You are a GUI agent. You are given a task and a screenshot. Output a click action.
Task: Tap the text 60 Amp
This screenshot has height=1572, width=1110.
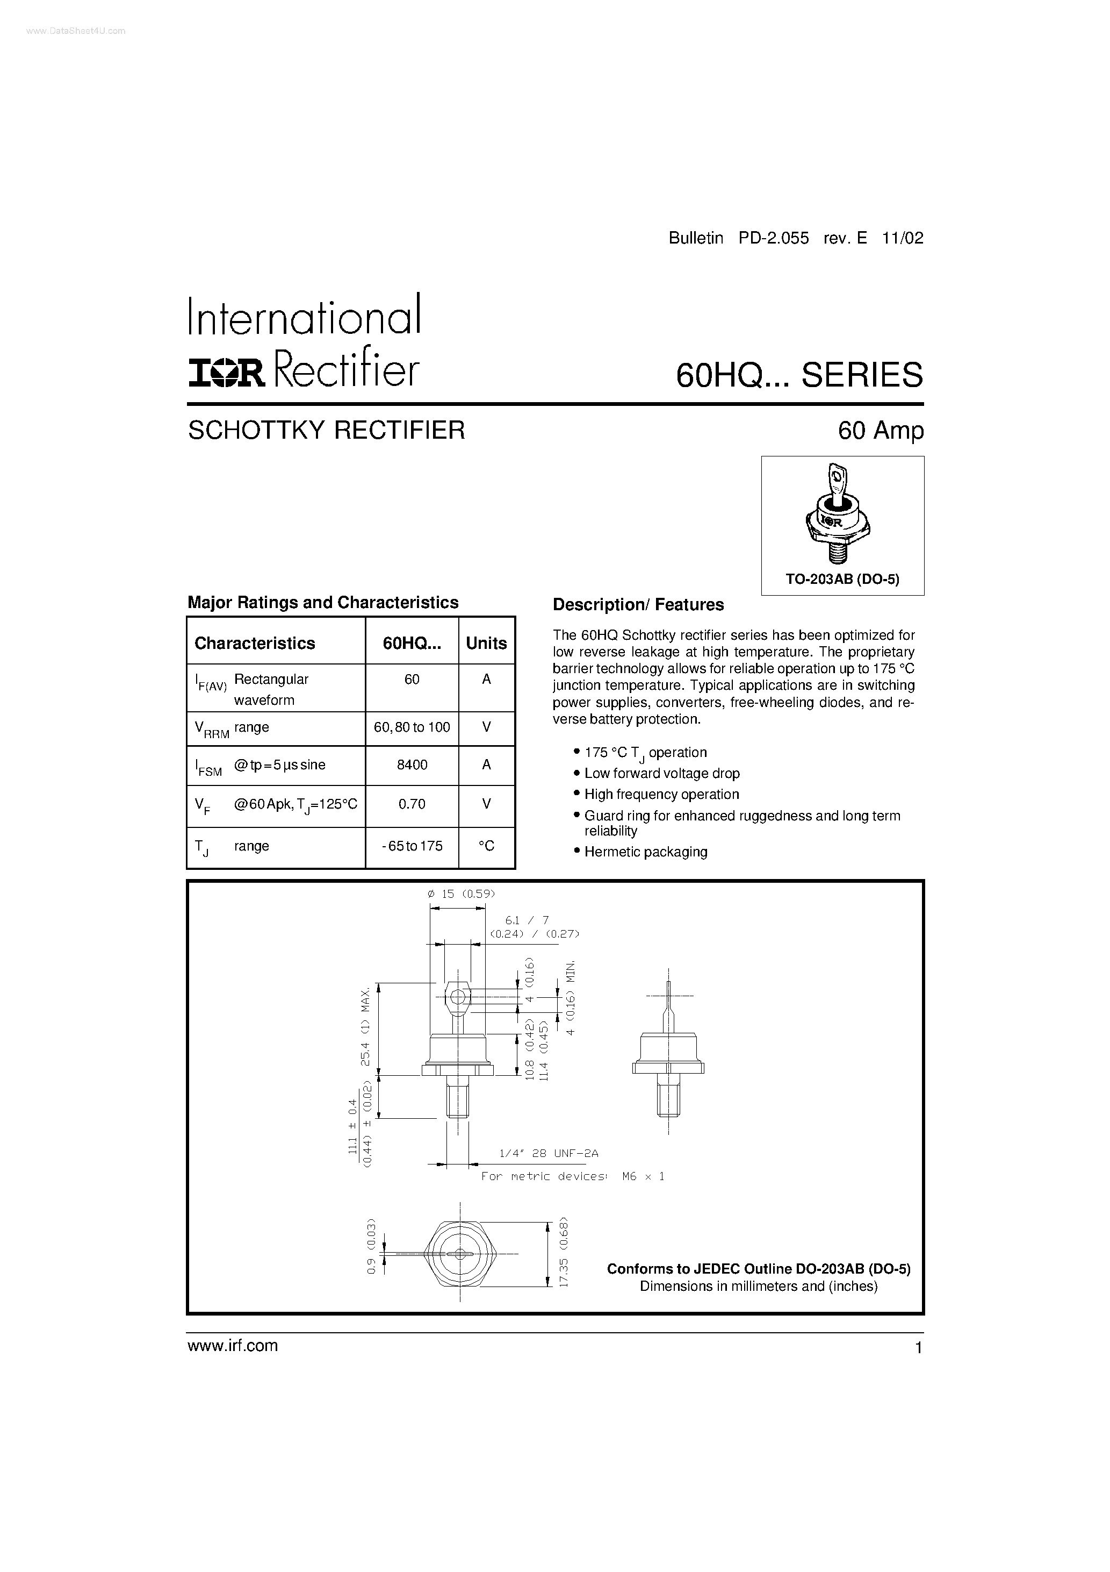881,431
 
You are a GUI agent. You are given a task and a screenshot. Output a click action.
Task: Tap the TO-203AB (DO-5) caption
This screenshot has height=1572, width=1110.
842,579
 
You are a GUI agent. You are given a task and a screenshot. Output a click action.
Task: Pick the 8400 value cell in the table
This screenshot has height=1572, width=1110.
412,765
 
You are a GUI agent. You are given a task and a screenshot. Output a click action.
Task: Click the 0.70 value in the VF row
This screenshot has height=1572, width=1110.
412,804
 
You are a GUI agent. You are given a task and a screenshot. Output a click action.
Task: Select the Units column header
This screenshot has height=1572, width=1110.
486,643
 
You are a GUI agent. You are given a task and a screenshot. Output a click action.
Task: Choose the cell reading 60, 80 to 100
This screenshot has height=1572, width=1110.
412,727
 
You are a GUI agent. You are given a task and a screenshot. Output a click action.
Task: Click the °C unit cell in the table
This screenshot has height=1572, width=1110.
486,846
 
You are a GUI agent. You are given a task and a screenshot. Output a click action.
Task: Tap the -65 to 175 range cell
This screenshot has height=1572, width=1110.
412,846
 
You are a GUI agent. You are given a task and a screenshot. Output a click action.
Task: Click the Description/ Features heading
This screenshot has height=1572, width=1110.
638,605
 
